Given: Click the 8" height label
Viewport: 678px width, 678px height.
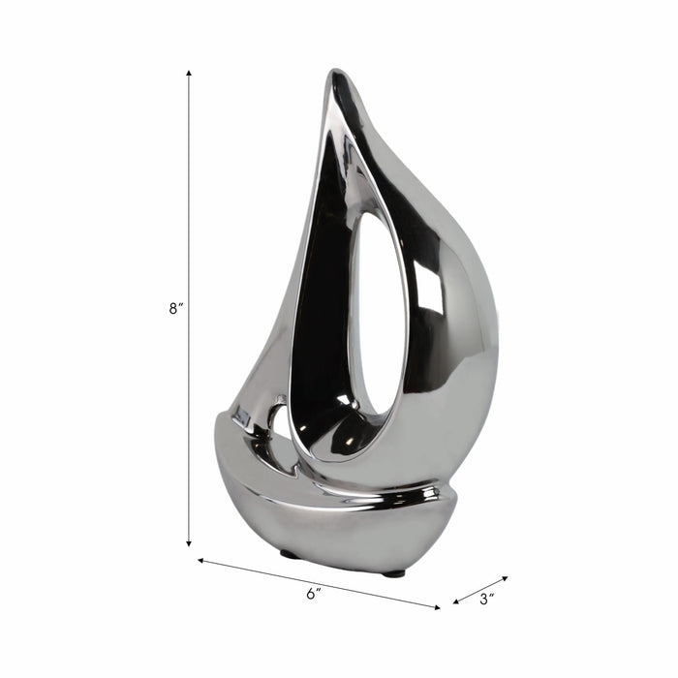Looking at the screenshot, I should click(174, 309).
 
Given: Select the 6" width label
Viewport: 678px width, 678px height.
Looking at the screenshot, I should click(312, 594).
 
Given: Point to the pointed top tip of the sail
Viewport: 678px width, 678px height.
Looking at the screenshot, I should click(336, 73).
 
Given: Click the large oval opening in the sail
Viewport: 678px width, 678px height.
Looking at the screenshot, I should click(379, 320).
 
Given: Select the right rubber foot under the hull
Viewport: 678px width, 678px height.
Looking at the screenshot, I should click(392, 573).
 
